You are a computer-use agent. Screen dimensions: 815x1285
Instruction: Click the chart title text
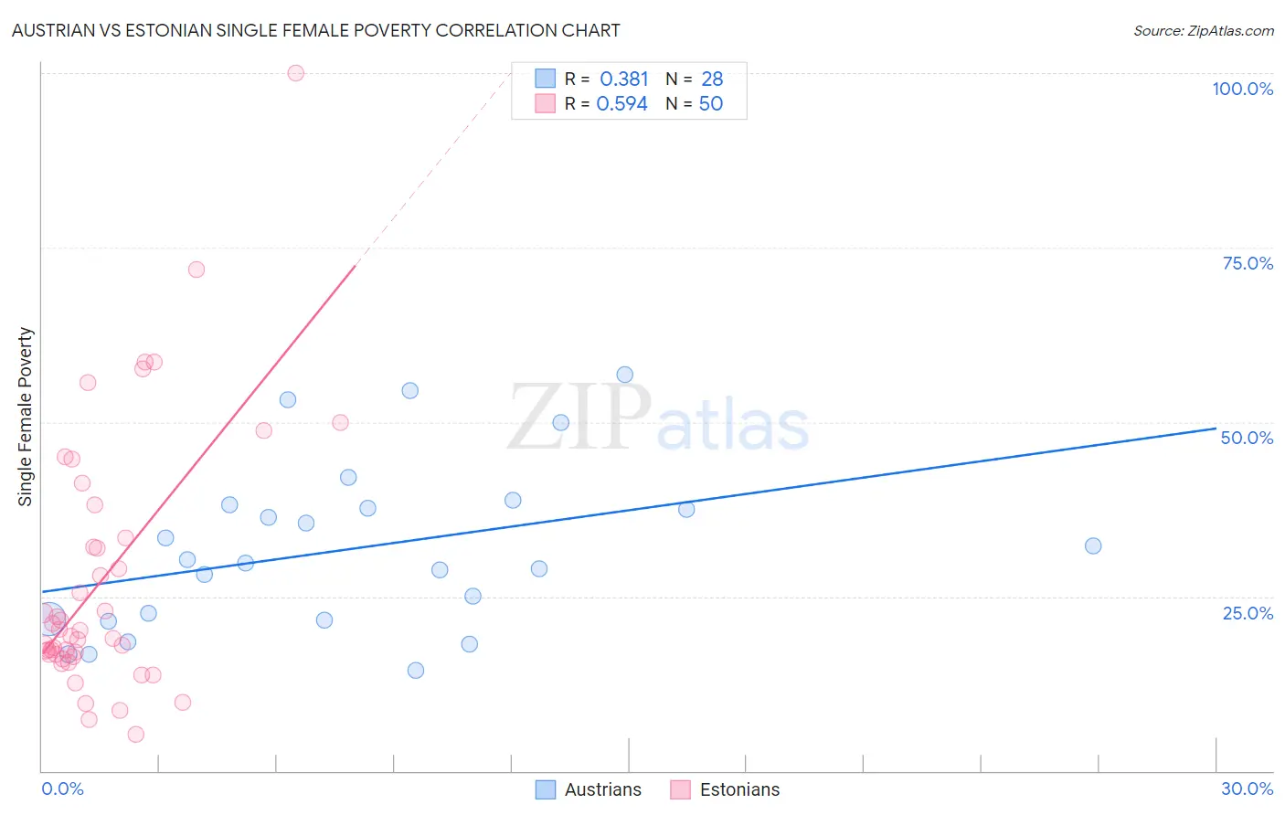click(315, 30)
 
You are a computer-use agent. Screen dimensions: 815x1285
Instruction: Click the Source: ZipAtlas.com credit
click(1203, 30)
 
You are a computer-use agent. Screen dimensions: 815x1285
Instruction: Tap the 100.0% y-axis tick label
click(1242, 89)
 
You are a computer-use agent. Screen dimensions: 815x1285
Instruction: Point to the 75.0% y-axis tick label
click(1248, 263)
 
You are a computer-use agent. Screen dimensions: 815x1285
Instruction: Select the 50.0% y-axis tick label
click(1247, 438)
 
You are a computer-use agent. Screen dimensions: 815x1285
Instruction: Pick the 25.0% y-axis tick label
click(1248, 613)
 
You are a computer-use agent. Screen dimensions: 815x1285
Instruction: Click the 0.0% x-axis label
click(62, 789)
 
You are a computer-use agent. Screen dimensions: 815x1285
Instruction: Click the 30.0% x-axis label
click(1247, 789)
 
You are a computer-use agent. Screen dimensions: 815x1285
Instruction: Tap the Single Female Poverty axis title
click(26, 417)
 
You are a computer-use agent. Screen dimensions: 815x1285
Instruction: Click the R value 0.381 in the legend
click(624, 79)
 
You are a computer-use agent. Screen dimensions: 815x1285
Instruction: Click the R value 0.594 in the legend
click(621, 104)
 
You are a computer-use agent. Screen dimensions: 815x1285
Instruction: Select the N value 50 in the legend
click(711, 104)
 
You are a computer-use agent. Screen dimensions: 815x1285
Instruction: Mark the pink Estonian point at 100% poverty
click(295, 73)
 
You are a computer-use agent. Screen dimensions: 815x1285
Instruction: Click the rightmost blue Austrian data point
click(1093, 546)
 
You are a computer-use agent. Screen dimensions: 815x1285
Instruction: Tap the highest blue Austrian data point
click(625, 375)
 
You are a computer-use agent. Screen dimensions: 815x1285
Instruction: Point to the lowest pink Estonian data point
click(136, 735)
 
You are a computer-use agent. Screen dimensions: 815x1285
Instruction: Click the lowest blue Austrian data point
click(416, 671)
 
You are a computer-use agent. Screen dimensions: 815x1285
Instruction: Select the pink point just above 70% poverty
click(196, 270)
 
